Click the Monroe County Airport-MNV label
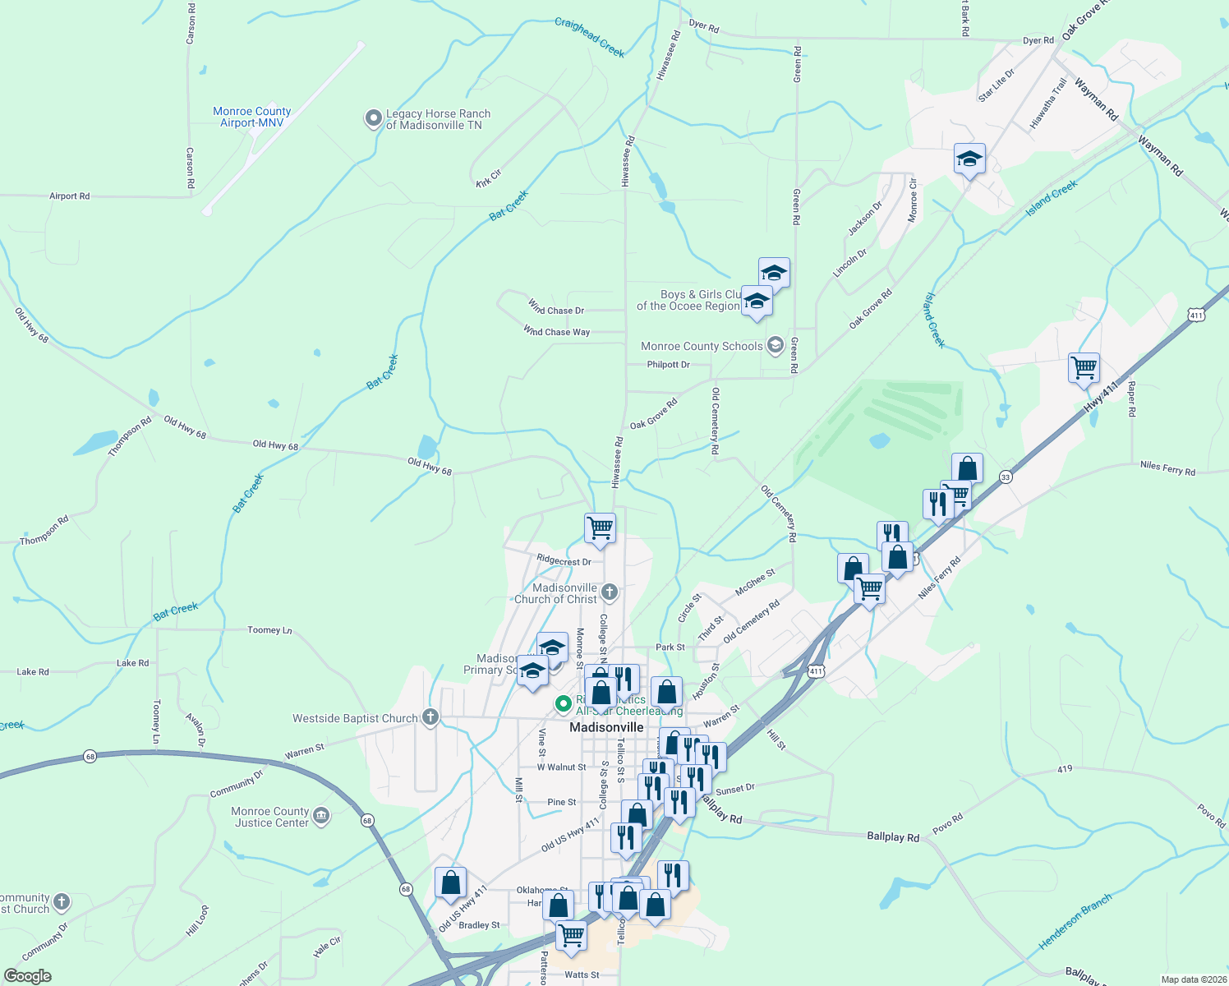[251, 117]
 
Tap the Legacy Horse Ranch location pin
[374, 119]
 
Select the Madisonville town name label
[606, 727]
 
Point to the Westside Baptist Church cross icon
[430, 717]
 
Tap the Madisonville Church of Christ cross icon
[609, 592]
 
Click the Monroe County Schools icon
[775, 345]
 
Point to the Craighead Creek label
[590, 38]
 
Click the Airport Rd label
[70, 196]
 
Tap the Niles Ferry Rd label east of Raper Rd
[1167, 468]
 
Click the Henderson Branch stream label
[1075, 921]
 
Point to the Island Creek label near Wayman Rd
[1052, 200]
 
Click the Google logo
[28, 976]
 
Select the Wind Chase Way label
[557, 332]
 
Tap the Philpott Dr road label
[668, 365]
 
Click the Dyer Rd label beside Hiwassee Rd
[704, 27]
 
